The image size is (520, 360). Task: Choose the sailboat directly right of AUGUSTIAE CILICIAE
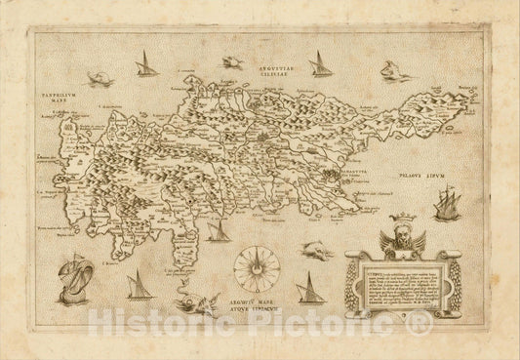click(x=319, y=64)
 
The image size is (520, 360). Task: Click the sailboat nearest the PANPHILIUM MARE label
click(x=146, y=66)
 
